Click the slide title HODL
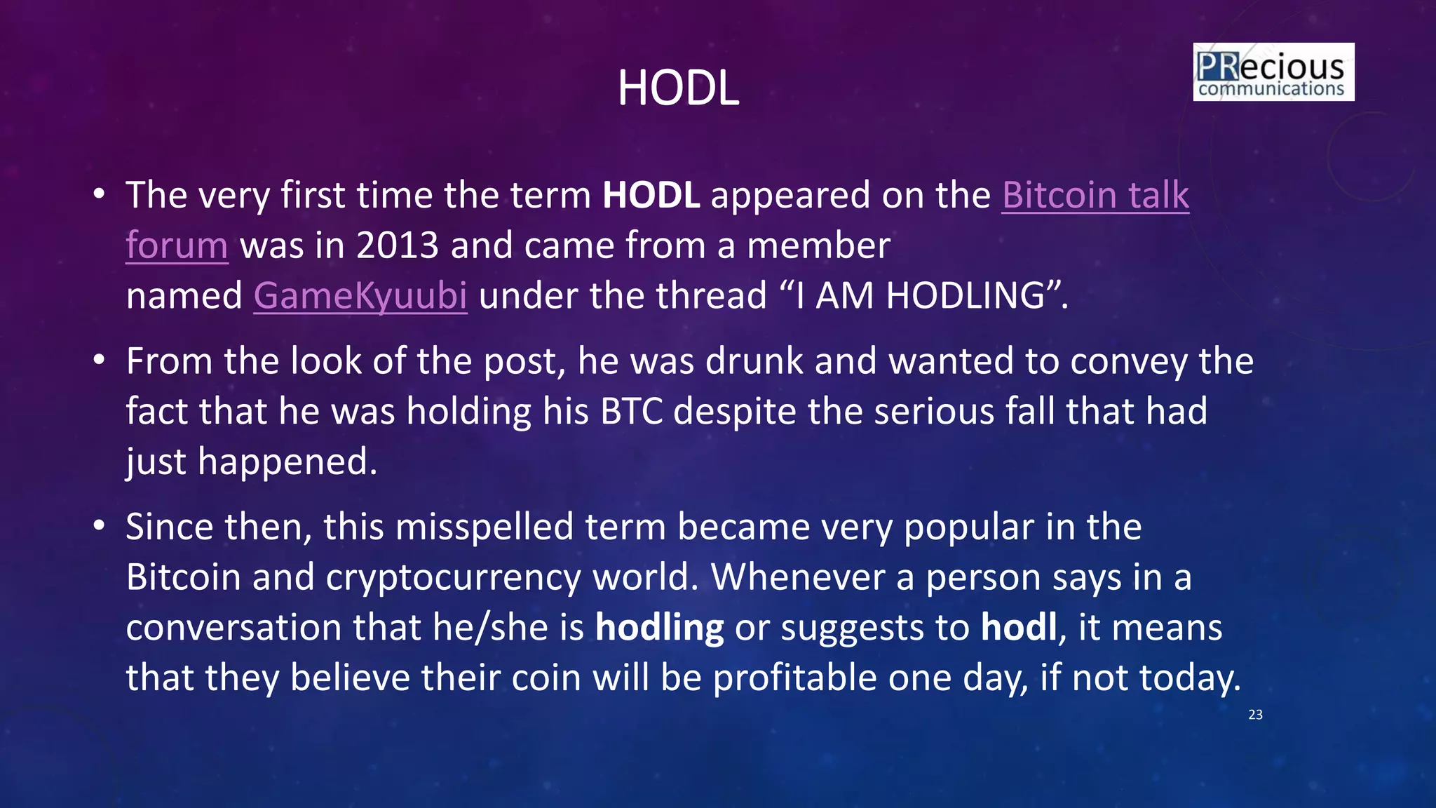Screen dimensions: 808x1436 point(678,88)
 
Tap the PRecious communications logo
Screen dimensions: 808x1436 point(1273,72)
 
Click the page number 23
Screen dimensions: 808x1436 point(1255,715)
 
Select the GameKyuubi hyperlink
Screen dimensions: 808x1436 point(360,295)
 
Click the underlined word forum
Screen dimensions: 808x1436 point(177,245)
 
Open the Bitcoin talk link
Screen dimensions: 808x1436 point(1095,195)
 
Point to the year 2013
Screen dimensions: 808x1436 point(397,245)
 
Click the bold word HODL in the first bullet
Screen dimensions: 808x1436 point(651,195)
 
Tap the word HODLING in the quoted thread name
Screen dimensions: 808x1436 point(965,295)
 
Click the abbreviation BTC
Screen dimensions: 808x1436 point(631,411)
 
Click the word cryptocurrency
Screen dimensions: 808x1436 point(453,577)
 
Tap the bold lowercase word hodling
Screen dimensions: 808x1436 point(659,627)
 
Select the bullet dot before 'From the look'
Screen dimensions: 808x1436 point(100,361)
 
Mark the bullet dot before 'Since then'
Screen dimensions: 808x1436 point(100,526)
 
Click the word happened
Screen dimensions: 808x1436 point(287,462)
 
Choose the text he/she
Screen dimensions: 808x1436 point(508,627)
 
